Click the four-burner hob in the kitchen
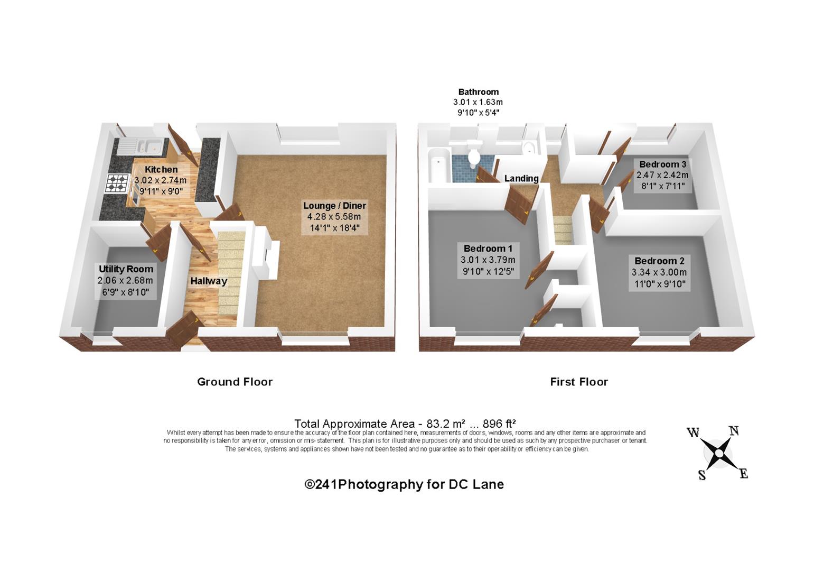click(x=117, y=183)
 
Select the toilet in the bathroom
click(x=473, y=154)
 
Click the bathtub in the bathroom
click(x=439, y=165)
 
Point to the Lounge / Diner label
click(x=335, y=206)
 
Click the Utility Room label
click(x=126, y=269)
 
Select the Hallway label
click(x=209, y=281)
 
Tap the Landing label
click(x=521, y=179)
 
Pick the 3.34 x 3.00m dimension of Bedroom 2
click(x=659, y=272)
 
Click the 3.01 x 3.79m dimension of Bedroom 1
click(x=488, y=260)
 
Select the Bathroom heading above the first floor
click(x=478, y=92)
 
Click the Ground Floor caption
click(x=235, y=382)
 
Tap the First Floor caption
click(x=578, y=382)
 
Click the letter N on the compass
click(x=734, y=431)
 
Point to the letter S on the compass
click(x=702, y=475)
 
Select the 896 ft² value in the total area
click(x=499, y=423)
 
